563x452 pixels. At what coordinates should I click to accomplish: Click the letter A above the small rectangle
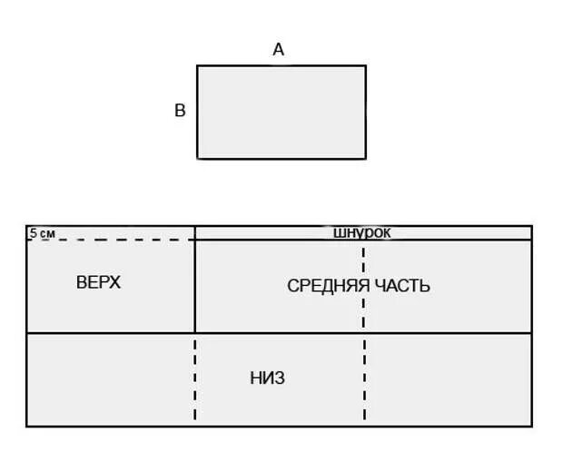pyautogui.click(x=279, y=51)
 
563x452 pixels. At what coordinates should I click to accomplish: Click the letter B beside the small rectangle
pyautogui.click(x=180, y=111)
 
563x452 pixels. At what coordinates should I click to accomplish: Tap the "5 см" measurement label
pyautogui.click(x=42, y=233)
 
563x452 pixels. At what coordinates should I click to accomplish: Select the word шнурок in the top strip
pyautogui.click(x=362, y=233)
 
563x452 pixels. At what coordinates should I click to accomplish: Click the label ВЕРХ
pyautogui.click(x=98, y=282)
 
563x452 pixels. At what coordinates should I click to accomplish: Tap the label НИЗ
pyautogui.click(x=267, y=378)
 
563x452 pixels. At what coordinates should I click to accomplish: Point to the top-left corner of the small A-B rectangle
pyautogui.click(x=198, y=65)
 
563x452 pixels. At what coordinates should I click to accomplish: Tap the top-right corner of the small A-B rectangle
pyautogui.click(x=365, y=65)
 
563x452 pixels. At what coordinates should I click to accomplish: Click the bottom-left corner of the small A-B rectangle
pyautogui.click(x=198, y=158)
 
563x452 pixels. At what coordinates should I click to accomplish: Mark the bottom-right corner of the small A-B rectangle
pyautogui.click(x=365, y=158)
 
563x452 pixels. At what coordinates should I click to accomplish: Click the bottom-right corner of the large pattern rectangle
pyautogui.click(x=531, y=425)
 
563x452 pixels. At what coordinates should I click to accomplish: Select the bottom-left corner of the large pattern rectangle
pyautogui.click(x=27, y=425)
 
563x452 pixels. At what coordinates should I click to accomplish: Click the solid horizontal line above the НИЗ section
pyautogui.click(x=272, y=333)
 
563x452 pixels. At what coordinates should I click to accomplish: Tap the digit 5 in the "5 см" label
pyautogui.click(x=34, y=233)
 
